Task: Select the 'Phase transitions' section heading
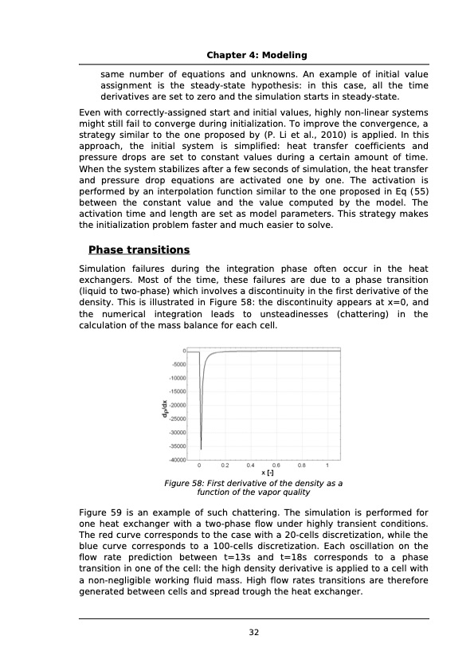click(139, 250)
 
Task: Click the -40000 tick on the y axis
click(175, 460)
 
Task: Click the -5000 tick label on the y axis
click(177, 364)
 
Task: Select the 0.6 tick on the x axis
click(276, 465)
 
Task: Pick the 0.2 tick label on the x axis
click(225, 465)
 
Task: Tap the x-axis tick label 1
click(327, 465)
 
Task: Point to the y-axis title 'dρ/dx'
click(163, 406)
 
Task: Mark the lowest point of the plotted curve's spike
click(201, 449)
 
